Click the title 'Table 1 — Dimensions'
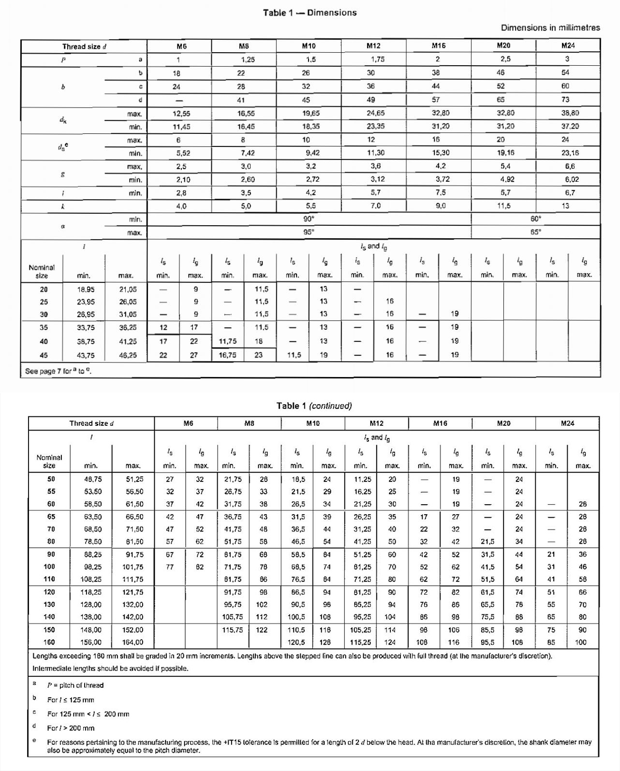310,13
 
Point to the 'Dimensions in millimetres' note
550,28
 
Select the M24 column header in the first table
568,46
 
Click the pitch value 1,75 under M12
377,59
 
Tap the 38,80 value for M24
570,113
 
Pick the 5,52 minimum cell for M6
183,153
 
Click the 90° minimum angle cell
309,218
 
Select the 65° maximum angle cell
535,232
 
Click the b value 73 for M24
565,100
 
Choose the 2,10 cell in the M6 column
183,179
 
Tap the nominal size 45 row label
44,355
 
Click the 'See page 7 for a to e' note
58,371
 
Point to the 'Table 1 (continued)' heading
314,406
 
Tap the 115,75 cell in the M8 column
232,630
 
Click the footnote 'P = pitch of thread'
75,685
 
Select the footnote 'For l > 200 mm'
71,728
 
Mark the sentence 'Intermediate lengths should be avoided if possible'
110,669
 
